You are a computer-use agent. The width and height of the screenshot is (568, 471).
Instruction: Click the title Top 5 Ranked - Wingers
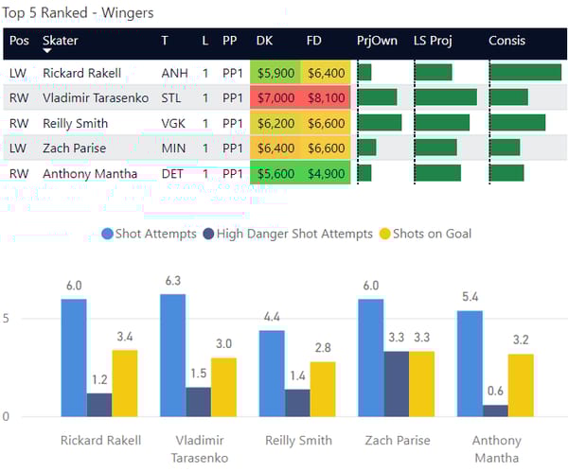tap(80, 13)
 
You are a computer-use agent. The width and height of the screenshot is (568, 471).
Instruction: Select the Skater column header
tap(61, 42)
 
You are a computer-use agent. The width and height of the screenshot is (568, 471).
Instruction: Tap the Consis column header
tap(507, 42)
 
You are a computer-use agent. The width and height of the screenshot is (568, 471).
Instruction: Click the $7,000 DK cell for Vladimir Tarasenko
tap(275, 97)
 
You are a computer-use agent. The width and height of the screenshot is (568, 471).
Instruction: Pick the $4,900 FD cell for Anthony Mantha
tap(326, 173)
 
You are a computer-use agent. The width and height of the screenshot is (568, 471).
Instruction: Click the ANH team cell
tap(175, 72)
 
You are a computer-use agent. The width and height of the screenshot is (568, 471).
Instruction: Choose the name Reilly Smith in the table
tap(76, 123)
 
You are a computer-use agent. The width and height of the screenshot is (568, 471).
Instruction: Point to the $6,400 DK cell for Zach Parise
tap(275, 148)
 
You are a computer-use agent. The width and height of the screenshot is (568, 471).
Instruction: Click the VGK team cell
tap(175, 123)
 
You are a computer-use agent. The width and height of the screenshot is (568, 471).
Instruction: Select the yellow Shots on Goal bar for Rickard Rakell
tap(125, 382)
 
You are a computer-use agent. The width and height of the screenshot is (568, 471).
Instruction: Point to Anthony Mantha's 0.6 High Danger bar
tap(495, 410)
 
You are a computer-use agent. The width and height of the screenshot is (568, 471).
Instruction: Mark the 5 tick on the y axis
tap(8, 319)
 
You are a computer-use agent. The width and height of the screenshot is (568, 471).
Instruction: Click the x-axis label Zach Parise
tap(397, 440)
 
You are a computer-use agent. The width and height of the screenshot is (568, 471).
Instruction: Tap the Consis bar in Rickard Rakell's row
tap(525, 72)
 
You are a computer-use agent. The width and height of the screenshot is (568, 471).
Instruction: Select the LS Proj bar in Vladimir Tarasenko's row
tap(446, 97)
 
